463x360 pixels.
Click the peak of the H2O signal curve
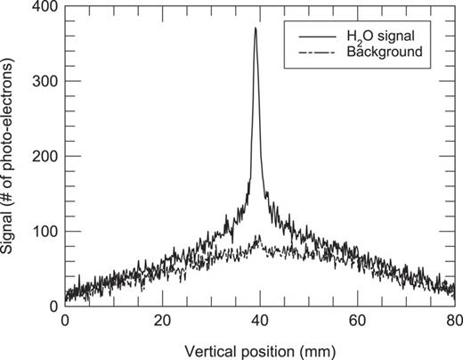point(256,29)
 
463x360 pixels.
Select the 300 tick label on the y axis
point(45,82)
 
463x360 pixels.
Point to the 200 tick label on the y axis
point(45,157)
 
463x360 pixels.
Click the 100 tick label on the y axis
point(45,232)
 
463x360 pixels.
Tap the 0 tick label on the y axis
point(53,307)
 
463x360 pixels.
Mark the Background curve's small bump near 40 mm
point(258,238)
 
